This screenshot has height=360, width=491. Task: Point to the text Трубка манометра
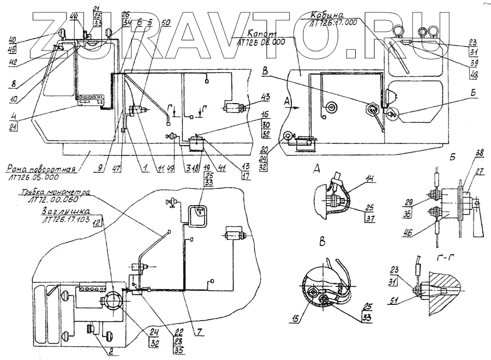[x=56, y=193]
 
